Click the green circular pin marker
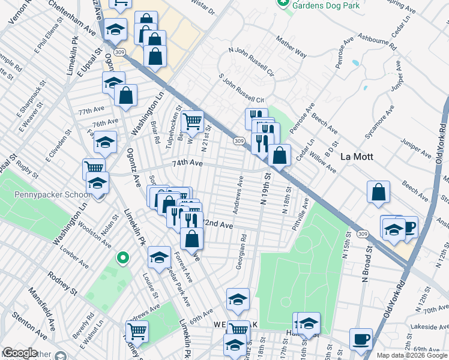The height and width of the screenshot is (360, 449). pyautogui.click(x=123, y=259)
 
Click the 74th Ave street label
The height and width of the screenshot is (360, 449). pyautogui.click(x=174, y=163)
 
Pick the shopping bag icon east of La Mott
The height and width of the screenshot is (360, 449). pyautogui.click(x=379, y=193)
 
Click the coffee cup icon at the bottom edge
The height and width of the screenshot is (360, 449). pyautogui.click(x=361, y=339)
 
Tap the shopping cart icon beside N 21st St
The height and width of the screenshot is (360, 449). pyautogui.click(x=192, y=121)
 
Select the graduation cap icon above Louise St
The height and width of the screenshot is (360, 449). pyautogui.click(x=159, y=257)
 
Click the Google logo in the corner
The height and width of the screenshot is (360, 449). pyautogui.click(x=19, y=353)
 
